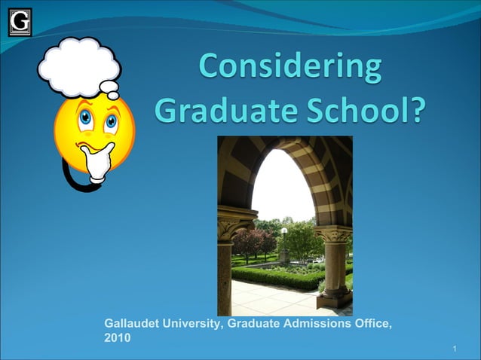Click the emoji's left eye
pyautogui.click(x=85, y=117)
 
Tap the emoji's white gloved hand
pyautogui.click(x=96, y=160)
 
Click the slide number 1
pyautogui.click(x=456, y=349)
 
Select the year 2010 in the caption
pyautogui.click(x=117, y=338)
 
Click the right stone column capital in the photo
pyautogui.click(x=333, y=234)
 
